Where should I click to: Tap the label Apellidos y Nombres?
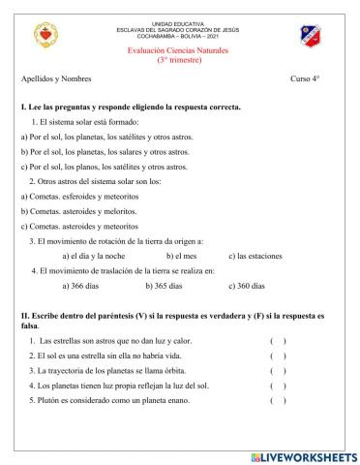[x=56, y=77]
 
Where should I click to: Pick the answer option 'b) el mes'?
[x=182, y=256]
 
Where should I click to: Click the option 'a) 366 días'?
[x=82, y=287]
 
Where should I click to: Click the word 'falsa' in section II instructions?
[x=30, y=325]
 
